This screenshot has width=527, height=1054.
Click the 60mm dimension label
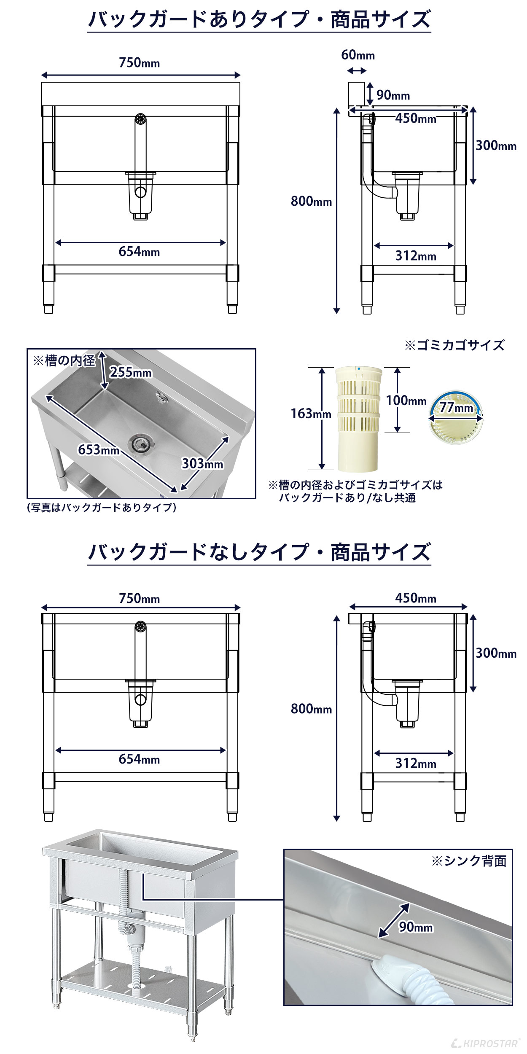pos(358,55)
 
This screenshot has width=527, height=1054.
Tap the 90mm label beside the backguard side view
pos(393,95)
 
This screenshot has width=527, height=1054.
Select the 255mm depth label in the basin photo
pos(130,372)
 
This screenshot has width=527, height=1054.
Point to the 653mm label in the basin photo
pos(99,450)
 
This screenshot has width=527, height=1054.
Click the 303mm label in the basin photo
pos(202,464)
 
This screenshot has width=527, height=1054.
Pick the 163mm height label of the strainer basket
pos(311,414)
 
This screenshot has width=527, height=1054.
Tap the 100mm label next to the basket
pos(406,401)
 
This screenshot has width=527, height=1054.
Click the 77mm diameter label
pos(456,408)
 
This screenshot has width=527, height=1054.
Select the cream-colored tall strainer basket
pos(358,419)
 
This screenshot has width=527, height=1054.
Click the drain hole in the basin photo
pos(143,444)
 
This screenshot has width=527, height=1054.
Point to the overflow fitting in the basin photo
pos(161,396)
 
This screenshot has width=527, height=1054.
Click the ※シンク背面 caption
pos(468,861)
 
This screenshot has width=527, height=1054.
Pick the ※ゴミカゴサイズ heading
pos(454,346)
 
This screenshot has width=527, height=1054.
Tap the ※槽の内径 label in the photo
pos(64,361)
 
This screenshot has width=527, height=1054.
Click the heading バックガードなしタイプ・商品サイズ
pos(259,552)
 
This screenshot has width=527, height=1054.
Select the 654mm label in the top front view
pos(139,252)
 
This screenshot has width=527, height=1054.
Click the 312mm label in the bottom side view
pos(415,764)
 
